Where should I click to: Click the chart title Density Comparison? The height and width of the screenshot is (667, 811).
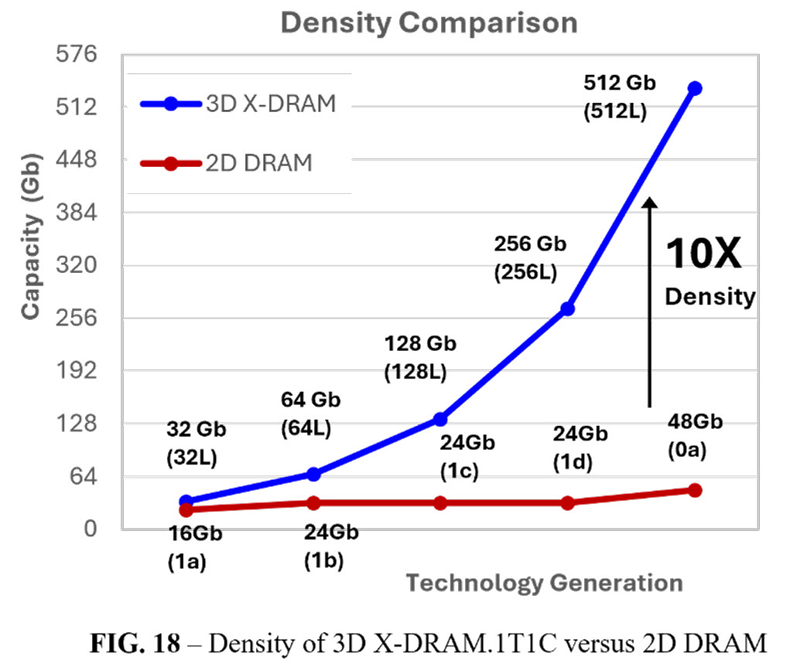[428, 23]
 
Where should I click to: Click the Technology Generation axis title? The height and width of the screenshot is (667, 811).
[545, 583]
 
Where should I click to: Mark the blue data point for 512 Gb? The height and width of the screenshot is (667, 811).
[694, 89]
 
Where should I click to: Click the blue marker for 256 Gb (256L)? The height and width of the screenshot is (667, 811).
[567, 308]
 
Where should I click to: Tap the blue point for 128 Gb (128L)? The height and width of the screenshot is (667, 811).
[440, 419]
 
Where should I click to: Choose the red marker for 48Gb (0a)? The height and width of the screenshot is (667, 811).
[694, 490]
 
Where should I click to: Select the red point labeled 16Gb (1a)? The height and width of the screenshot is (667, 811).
[186, 509]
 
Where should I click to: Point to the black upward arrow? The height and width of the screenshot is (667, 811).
[650, 301]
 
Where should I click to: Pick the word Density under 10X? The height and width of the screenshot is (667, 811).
[710, 296]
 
